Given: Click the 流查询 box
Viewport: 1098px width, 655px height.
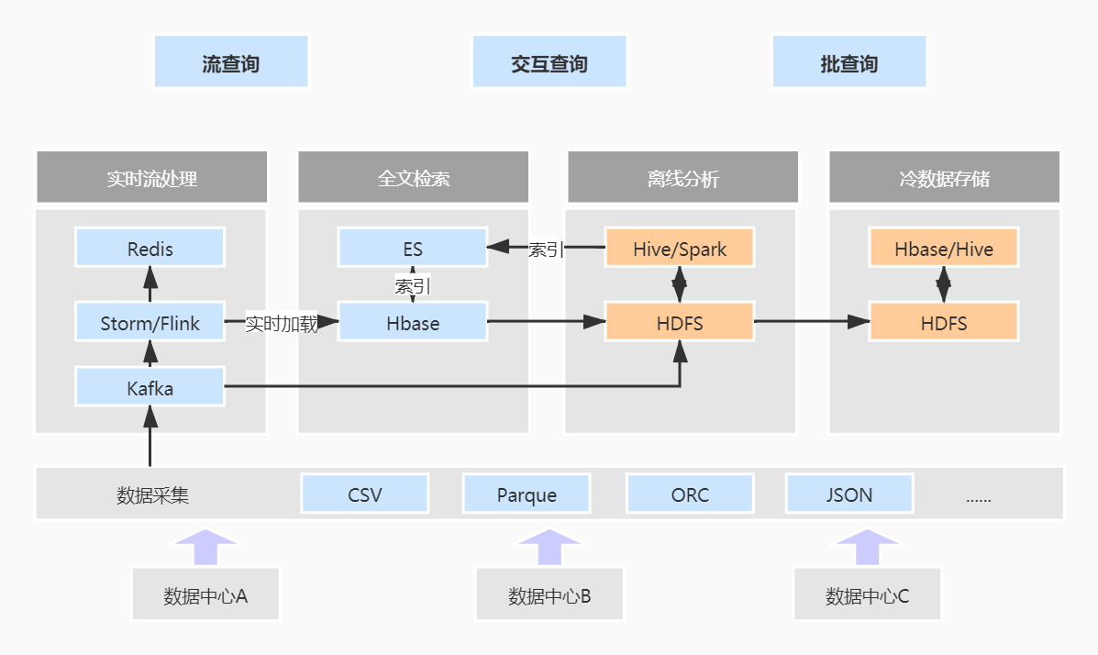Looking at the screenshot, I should [x=231, y=62].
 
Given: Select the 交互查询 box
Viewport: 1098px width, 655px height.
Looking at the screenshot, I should [x=549, y=62].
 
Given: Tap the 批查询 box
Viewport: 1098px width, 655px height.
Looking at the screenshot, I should [x=849, y=62].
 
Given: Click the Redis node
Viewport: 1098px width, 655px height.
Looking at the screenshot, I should [x=150, y=249].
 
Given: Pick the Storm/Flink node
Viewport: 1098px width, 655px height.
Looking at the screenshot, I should [x=150, y=323].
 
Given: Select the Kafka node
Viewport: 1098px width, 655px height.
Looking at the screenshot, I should [x=150, y=388].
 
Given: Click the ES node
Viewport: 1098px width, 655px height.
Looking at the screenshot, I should [x=413, y=249].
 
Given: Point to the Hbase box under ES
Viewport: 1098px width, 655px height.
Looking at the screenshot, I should [x=413, y=323].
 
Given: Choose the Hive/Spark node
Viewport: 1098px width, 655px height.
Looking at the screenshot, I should [x=680, y=249].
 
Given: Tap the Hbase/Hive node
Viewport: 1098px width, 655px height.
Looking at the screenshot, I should [x=944, y=249].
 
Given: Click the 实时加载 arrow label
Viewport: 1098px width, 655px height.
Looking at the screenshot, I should [x=282, y=324].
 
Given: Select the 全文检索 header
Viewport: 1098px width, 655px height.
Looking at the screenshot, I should [x=414, y=178].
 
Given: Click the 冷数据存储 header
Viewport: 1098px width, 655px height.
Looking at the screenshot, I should [x=944, y=178].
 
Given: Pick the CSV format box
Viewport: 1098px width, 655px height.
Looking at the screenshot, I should [x=365, y=494].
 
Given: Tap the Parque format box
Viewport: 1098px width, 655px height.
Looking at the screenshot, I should [x=527, y=494].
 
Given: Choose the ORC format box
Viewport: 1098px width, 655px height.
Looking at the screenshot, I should [x=690, y=494].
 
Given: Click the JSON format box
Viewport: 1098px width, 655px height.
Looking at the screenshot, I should [x=849, y=494].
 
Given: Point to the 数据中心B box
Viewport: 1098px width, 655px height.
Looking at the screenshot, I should [x=549, y=596].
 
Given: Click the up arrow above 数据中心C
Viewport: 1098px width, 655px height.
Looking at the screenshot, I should [x=868, y=548].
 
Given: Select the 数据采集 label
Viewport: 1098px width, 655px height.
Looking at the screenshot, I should [x=152, y=495].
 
